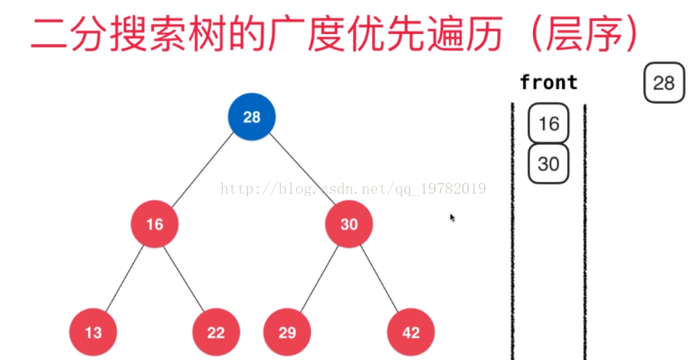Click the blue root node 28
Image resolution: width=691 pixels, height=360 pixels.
[251, 117]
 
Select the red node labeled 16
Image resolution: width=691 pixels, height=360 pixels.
[155, 224]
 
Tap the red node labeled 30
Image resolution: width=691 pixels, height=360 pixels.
[348, 224]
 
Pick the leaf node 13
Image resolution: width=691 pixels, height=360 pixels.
[93, 333]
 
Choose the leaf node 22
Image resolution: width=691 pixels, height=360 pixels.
[216, 333]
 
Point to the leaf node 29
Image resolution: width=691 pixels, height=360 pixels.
[287, 333]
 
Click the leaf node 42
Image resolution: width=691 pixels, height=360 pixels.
[411, 333]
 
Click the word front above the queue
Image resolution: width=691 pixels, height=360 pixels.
[548, 82]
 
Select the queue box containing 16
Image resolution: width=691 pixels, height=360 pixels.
[549, 124]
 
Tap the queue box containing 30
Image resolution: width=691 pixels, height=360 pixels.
[549, 163]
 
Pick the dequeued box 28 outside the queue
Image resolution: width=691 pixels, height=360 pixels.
[663, 82]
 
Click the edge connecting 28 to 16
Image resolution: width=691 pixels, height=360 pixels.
[203, 170]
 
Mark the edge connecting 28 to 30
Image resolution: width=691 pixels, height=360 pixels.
[300, 170]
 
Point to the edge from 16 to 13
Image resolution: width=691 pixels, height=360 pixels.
[124, 279]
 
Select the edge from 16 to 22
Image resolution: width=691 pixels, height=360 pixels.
[185, 279]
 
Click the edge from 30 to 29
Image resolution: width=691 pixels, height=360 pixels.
[318, 279]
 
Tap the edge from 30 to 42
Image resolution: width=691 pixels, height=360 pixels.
[380, 279]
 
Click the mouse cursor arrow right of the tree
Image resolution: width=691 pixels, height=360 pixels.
[452, 217]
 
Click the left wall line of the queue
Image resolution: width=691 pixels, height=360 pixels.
[512, 233]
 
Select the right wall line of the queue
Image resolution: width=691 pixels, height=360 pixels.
[585, 233]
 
